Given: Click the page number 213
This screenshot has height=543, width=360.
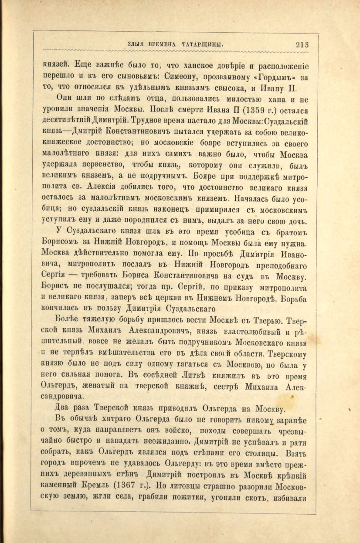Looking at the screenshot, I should [x=302, y=44].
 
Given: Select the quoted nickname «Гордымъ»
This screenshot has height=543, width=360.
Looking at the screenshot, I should [x=274, y=78].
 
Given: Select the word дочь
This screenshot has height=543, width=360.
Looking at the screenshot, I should [x=299, y=221].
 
